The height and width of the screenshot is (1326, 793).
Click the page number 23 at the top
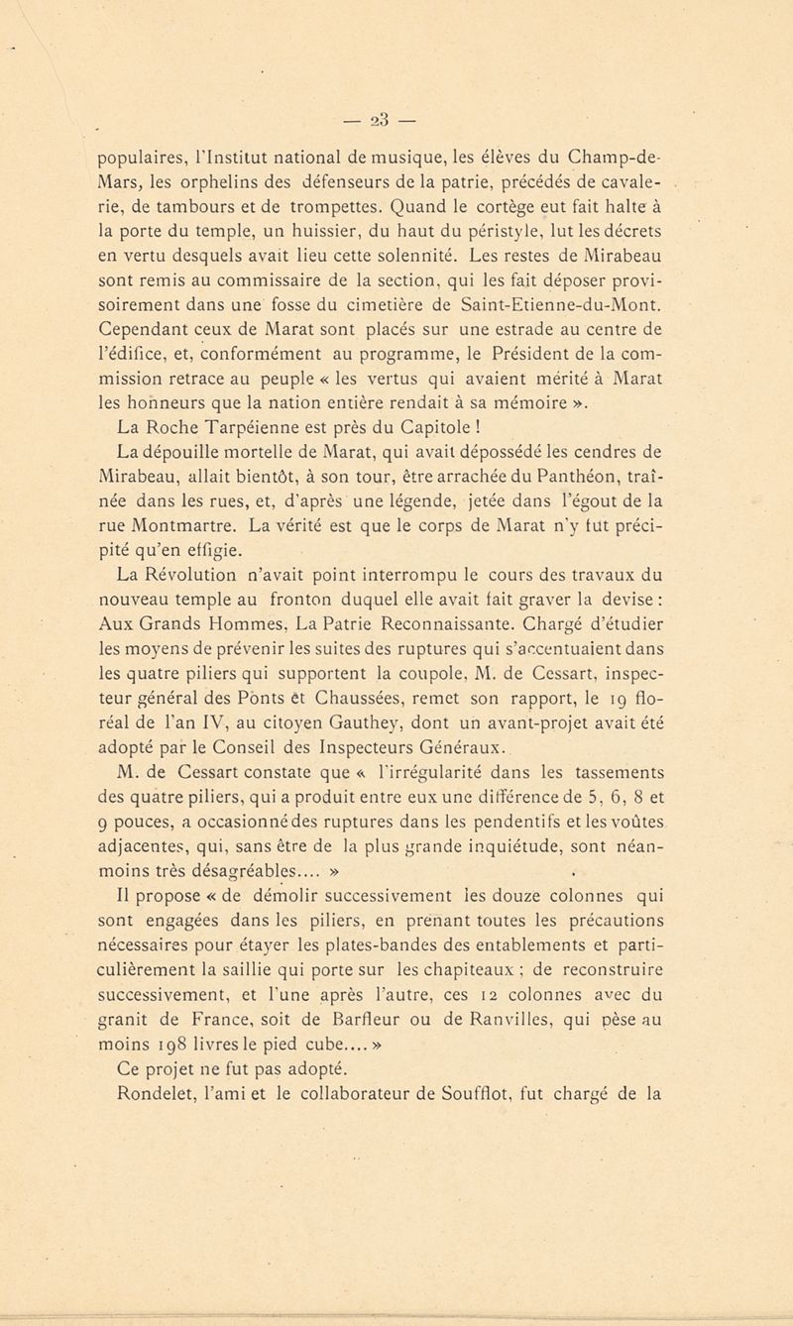tap(397, 105)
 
